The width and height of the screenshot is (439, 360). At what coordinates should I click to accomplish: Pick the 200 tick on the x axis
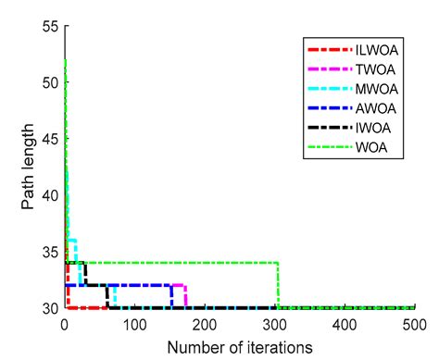click(205, 325)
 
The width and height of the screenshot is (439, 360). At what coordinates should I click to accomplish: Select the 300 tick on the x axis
click(275, 325)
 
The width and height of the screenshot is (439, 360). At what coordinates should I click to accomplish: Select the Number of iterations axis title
click(239, 347)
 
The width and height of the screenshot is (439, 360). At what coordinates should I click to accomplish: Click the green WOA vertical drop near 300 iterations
click(279, 285)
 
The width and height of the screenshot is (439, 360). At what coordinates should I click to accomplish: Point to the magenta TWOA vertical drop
click(186, 296)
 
